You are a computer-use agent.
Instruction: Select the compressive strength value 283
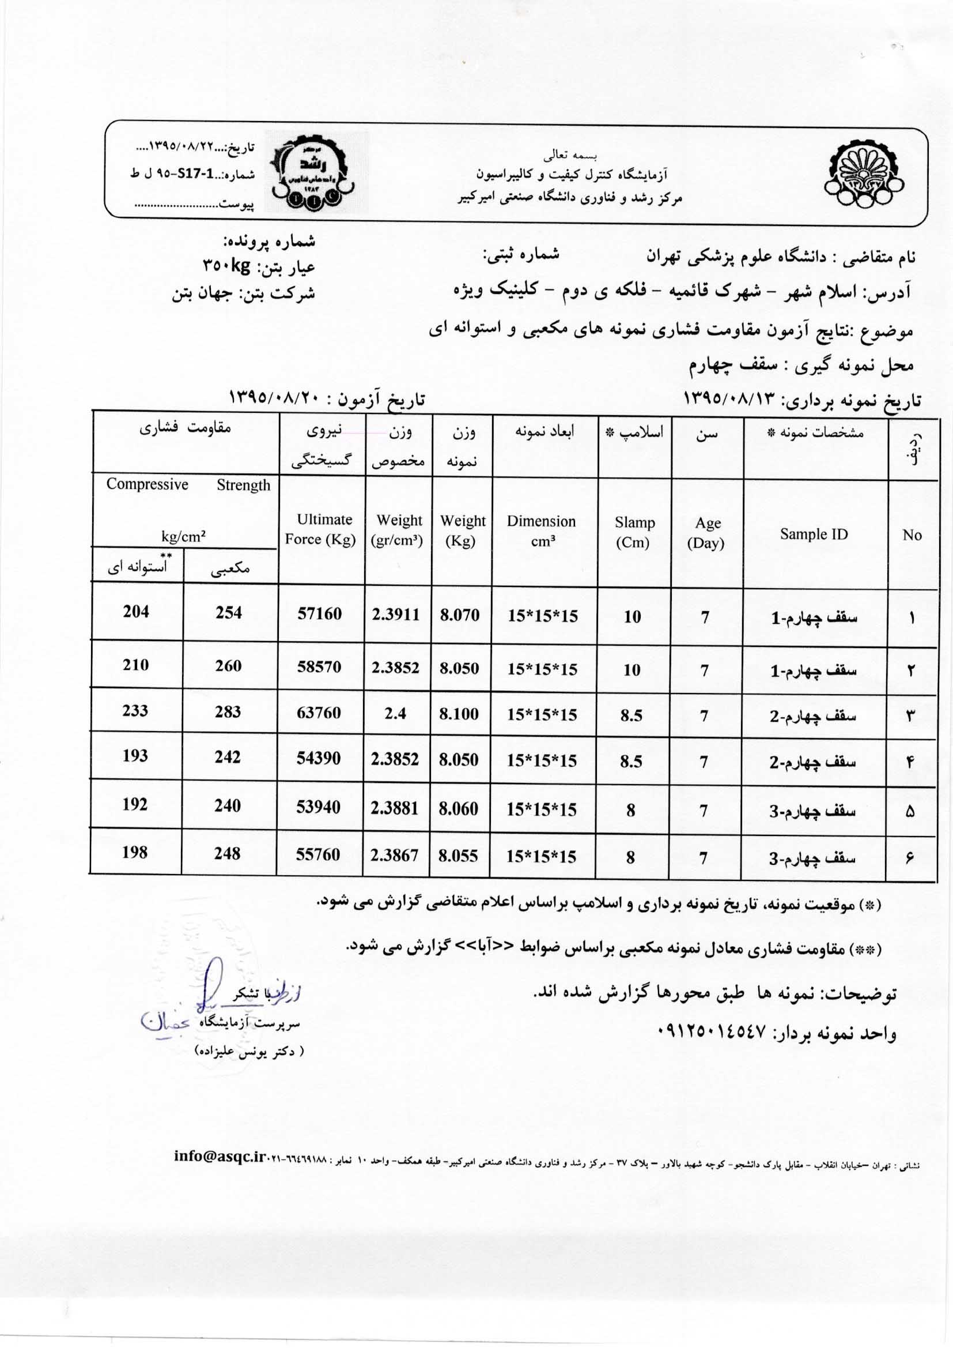click(228, 711)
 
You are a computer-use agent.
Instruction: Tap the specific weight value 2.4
click(395, 713)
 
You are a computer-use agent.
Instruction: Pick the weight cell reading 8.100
click(459, 714)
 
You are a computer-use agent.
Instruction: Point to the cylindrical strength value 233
click(135, 710)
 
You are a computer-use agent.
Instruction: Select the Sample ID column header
click(814, 534)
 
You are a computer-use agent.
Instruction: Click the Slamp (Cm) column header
click(634, 532)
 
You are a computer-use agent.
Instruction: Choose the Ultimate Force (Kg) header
click(320, 529)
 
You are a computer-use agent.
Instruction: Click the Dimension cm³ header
click(541, 531)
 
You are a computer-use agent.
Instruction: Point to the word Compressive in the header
click(148, 484)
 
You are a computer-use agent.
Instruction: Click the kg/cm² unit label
click(183, 536)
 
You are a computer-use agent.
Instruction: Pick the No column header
click(912, 535)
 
